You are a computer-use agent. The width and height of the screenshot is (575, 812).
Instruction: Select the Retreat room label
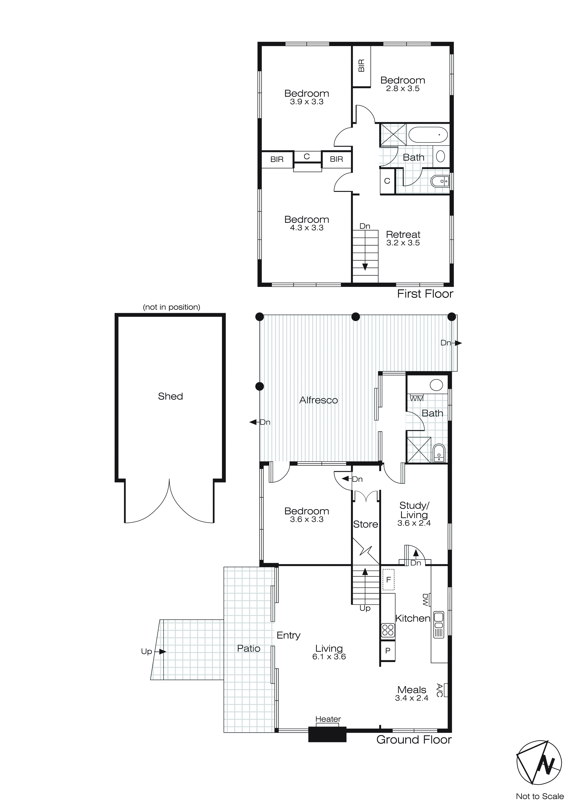point(403,235)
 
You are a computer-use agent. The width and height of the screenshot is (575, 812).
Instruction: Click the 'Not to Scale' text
point(540,796)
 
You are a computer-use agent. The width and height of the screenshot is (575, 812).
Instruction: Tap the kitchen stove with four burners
point(388,630)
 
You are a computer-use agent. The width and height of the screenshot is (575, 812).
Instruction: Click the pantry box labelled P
point(388,650)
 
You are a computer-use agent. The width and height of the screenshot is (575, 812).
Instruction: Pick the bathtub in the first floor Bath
point(428,135)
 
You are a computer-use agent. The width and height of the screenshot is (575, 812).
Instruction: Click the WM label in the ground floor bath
point(416,399)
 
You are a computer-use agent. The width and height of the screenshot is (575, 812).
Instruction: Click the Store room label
point(365,524)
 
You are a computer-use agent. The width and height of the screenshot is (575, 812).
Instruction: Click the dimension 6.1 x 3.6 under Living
point(329,657)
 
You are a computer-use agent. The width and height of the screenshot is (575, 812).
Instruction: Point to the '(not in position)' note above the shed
point(171,307)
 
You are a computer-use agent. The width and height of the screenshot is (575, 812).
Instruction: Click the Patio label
point(249,648)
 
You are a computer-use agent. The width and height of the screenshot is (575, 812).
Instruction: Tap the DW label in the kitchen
point(425,599)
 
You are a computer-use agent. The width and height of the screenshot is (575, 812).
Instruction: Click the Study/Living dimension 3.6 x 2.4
point(414,523)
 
